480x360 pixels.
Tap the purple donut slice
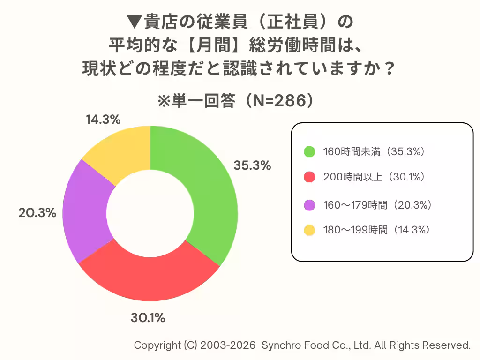coord(84,211)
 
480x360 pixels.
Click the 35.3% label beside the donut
coord(253,165)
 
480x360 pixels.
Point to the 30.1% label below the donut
coord(148,318)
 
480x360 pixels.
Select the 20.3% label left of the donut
coord(37,212)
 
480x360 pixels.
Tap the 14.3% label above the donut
coord(103,120)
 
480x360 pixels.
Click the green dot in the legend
coord(309,151)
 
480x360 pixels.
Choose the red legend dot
coord(309,177)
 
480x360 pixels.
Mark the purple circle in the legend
coord(309,205)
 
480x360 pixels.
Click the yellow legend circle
coord(309,230)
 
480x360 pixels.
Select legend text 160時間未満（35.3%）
coord(374,151)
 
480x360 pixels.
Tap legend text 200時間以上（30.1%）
coord(374,177)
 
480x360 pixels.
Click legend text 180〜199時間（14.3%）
coord(376,230)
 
